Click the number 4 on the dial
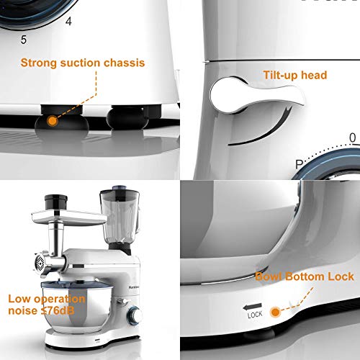click(x=68, y=22)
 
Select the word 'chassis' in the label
click(x=125, y=63)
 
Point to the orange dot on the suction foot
click(x=52, y=121)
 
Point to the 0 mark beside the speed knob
click(x=352, y=137)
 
